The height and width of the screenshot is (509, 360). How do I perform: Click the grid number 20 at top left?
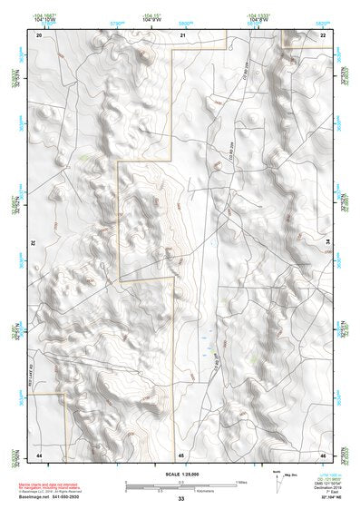tap(39, 34)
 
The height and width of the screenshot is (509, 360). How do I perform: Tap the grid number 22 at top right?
tap(324, 34)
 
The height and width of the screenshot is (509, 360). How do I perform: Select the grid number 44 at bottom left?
tap(39, 478)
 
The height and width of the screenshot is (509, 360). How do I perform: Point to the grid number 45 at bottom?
tap(181, 479)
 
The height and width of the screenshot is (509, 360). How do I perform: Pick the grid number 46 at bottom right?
tap(324, 478)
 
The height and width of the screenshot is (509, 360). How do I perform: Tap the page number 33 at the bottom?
tap(181, 500)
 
